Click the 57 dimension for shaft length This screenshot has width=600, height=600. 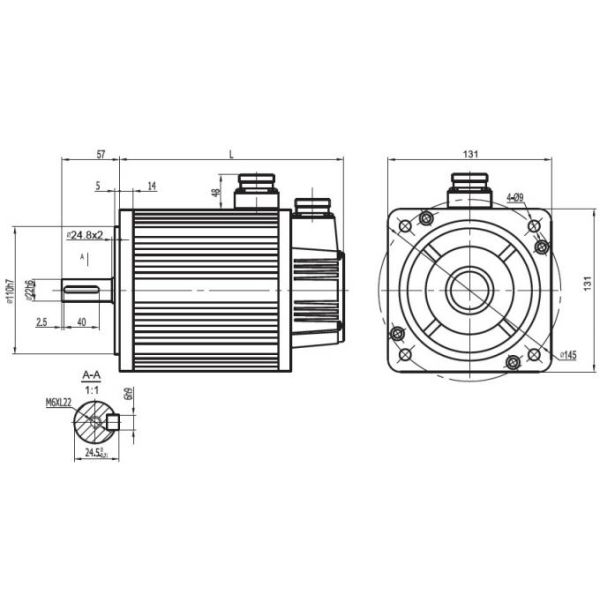click(101, 154)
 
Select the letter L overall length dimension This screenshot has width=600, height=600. click(231, 154)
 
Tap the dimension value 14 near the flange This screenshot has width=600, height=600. click(151, 186)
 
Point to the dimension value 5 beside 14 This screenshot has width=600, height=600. click(97, 186)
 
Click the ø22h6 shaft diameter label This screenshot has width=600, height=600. click(34, 290)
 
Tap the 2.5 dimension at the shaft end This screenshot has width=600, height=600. click(41, 322)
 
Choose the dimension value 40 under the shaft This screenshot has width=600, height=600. click(80, 322)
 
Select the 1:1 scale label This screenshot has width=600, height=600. click(91, 389)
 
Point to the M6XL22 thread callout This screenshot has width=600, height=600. click(59, 403)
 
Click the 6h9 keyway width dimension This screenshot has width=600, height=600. click(130, 395)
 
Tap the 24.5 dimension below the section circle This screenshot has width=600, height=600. click(96, 453)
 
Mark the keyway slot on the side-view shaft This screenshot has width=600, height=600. click(86, 291)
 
